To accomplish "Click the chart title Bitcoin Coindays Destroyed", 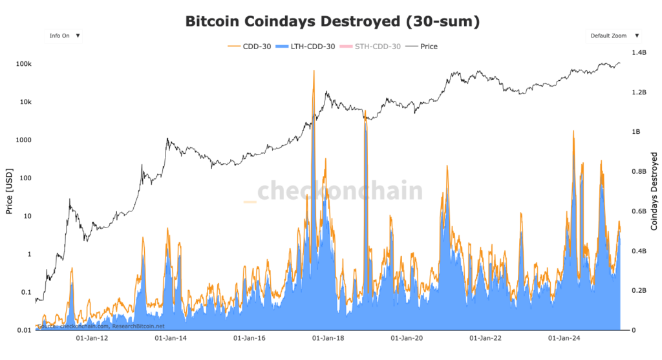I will tap(332, 21).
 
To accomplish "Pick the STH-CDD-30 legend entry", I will tap(378, 47).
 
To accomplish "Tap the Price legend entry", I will tap(428, 47).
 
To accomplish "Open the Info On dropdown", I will tap(63, 36).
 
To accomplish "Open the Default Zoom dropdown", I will tap(614, 36).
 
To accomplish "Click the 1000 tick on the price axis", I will tap(23, 140).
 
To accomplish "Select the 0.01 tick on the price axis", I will tap(23, 330).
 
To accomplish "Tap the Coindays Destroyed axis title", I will tap(654, 191).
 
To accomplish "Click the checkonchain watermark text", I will tap(339, 191).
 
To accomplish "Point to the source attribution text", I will tap(101, 326).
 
